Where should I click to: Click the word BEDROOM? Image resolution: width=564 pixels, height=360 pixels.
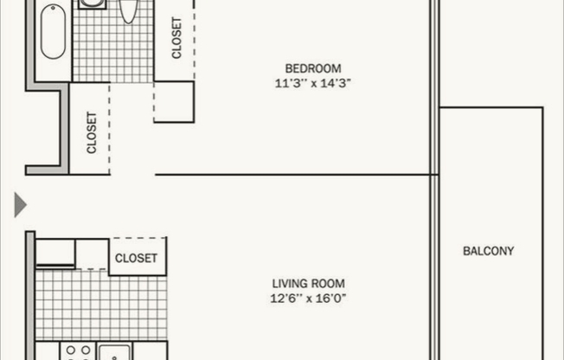pos(312,68)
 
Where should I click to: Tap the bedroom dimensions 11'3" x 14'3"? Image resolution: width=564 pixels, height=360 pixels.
pos(312,83)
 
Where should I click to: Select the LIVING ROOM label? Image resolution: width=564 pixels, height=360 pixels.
pos(309,283)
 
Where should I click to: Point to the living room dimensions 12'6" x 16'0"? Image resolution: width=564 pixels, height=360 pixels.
pos(309,299)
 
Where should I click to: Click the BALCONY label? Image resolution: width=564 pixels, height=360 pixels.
pos(488,251)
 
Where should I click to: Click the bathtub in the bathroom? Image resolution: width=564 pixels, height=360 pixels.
pos(53,35)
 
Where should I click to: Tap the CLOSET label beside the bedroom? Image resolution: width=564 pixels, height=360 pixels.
pos(176,39)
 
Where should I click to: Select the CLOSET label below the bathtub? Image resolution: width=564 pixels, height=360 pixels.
pos(91,132)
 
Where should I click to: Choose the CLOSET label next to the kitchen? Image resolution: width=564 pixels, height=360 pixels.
pos(137,258)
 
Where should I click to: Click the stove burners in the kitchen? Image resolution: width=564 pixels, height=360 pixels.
pos(76,352)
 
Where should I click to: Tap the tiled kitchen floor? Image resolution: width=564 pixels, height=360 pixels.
pos(99,305)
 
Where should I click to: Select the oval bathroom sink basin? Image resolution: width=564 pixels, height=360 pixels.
pos(128,9)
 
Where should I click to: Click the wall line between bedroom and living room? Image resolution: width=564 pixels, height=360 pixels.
pos(294,175)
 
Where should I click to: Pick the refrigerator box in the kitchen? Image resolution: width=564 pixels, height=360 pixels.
pos(55,253)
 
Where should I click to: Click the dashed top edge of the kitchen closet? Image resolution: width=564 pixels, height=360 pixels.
pos(138,238)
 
